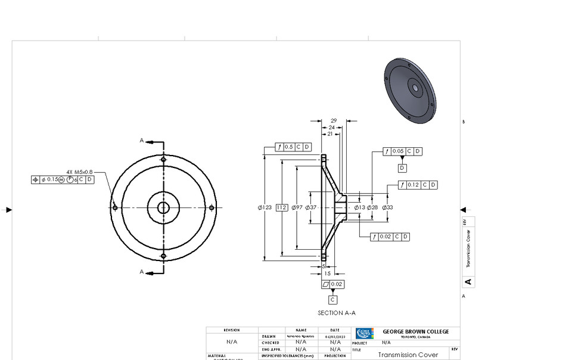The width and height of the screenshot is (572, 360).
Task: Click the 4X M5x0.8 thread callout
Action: coord(79,172)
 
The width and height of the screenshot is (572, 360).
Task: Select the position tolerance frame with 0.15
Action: coord(63,179)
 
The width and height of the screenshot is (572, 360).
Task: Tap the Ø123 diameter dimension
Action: coord(265,207)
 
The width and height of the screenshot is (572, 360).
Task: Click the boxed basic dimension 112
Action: coord(282,207)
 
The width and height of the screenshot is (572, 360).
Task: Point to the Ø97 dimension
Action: coord(297,207)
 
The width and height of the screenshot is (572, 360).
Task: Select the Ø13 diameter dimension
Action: coord(359,207)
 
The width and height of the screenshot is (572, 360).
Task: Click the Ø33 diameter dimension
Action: coord(387,207)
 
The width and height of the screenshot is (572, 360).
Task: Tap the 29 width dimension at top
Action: coord(334,121)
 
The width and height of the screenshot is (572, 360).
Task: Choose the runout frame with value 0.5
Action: coord(293,147)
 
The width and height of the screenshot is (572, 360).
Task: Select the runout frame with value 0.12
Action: coord(418,185)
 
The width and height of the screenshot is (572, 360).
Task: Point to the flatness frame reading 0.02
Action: coord(332,284)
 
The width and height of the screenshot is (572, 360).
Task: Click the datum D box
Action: coord(402,168)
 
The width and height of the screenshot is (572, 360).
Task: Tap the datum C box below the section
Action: coord(332,300)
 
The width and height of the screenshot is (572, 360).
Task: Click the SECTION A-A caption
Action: coord(337,313)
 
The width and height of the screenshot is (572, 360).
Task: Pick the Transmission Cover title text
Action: coord(408,355)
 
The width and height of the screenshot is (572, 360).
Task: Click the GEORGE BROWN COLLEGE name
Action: coord(415,331)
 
